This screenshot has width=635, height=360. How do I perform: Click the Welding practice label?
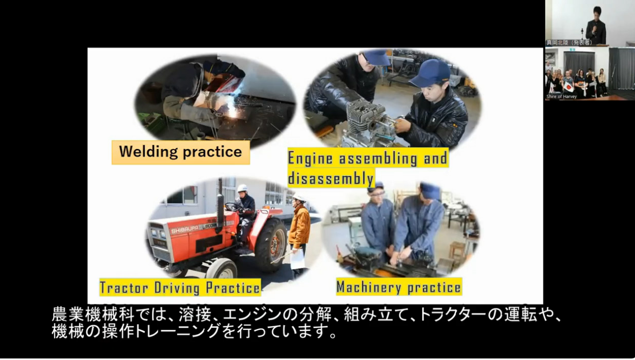(180, 152)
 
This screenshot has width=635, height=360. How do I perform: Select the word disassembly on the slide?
(330, 178)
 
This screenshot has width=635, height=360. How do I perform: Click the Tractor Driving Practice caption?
(180, 287)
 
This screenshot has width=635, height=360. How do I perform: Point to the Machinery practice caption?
(398, 287)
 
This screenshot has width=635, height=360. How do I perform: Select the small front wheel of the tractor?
(221, 268)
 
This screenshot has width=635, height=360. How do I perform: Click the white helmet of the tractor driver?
(242, 188)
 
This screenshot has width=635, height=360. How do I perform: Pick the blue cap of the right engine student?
(429, 73)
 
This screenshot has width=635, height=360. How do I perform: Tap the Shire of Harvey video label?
(562, 96)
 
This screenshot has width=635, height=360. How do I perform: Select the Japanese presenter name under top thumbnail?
(569, 43)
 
